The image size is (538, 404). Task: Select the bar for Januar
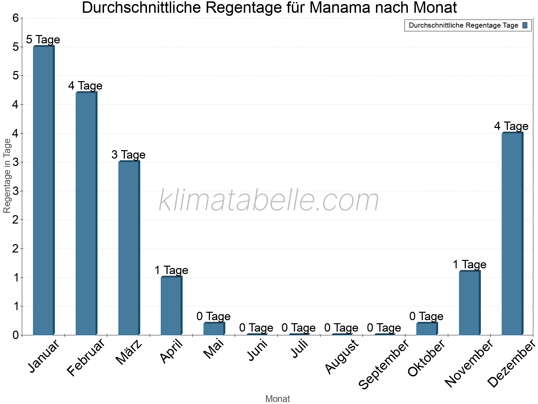point(43,190)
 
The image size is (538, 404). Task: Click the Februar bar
point(86,213)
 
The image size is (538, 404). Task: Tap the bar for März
point(129,248)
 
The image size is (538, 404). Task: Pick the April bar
point(171,306)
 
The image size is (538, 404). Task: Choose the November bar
point(469,303)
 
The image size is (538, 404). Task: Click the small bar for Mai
point(214,329)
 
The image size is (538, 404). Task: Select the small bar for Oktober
point(427,329)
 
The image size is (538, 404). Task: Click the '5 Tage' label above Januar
point(43,40)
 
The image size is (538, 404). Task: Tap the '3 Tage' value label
point(128,155)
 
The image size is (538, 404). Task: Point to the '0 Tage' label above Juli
point(299,328)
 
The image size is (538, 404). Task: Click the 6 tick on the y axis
point(15,18)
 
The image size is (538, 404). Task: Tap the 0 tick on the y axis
point(15,335)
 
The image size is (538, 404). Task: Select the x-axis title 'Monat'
point(277,399)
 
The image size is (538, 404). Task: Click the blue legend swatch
point(525,25)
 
